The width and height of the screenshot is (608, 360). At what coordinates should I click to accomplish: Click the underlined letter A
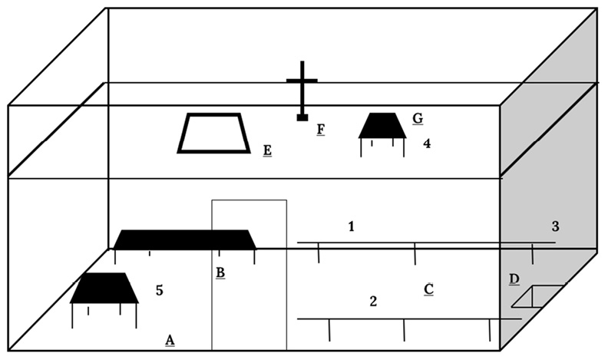[170, 339]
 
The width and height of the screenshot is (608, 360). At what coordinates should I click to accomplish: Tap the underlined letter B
[220, 272]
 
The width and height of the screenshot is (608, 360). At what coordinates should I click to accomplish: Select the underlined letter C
[429, 289]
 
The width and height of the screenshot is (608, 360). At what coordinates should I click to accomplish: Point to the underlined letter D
[514, 278]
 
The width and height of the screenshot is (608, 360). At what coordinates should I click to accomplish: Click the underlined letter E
[267, 150]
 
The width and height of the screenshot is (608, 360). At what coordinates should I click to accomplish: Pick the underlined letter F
[321, 128]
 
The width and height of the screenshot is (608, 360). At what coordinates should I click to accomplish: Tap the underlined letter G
[418, 118]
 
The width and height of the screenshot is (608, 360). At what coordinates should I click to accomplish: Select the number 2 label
[373, 301]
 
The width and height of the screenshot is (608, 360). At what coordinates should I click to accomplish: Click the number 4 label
[426, 142]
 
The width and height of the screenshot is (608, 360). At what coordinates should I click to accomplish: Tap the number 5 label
[160, 290]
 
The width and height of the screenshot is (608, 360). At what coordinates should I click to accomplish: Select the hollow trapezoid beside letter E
[213, 134]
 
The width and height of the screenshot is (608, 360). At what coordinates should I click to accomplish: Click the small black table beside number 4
[382, 126]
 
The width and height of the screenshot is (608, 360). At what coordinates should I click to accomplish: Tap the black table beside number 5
[104, 289]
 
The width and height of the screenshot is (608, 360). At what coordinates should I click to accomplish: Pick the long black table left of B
[184, 239]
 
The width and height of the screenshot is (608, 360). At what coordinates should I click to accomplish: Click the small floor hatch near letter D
[538, 296]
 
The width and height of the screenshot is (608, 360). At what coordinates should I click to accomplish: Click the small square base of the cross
[302, 117]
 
